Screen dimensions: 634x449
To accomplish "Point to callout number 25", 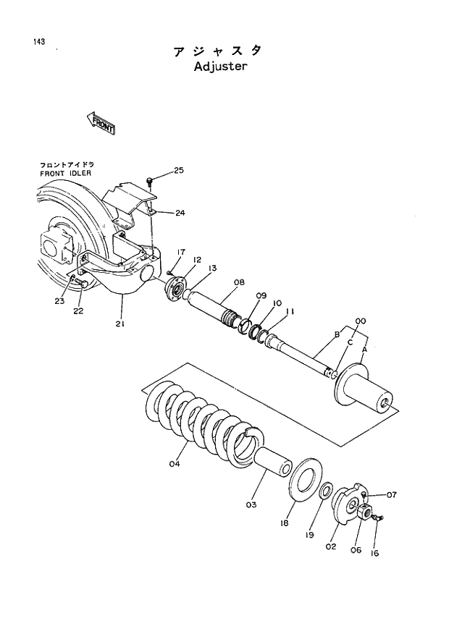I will pyautogui.click(x=179, y=171).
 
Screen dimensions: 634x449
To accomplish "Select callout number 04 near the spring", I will pyautogui.click(x=174, y=464).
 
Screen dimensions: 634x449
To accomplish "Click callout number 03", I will pyautogui.click(x=251, y=504).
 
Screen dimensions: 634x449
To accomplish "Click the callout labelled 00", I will pyautogui.click(x=360, y=321).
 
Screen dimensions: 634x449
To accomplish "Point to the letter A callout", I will pyautogui.click(x=364, y=349).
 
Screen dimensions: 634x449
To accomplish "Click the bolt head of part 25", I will pyautogui.click(x=149, y=179).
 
